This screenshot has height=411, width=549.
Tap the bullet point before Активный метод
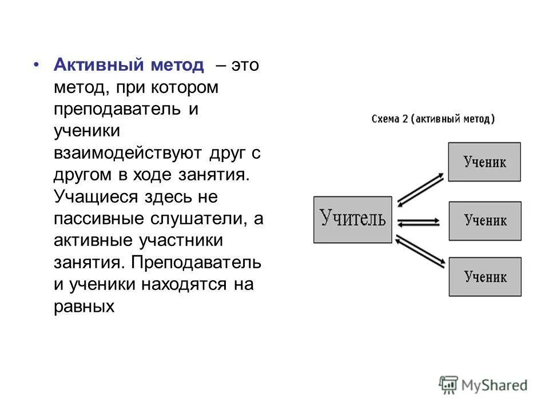coord(36,65)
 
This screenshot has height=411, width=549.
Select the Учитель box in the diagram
coord(353,219)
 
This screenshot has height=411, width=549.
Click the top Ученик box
coord(484,162)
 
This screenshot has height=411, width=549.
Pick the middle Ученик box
coord(484,220)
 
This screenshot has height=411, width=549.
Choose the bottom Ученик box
coord(484,277)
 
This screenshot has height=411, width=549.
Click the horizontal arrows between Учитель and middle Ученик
coord(419,222)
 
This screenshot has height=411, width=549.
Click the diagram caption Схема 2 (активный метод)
coord(433,119)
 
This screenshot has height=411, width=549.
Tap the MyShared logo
coord(483,384)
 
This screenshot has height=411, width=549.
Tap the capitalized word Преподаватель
coord(196,262)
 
